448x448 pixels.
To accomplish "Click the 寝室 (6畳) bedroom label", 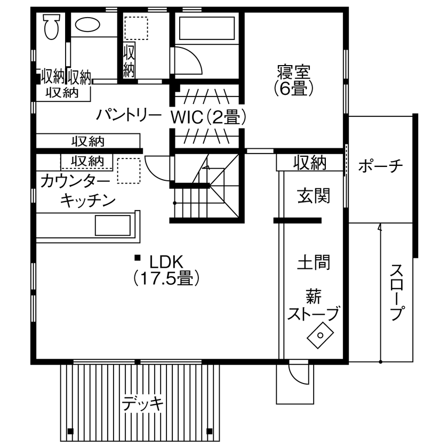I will click(x=294, y=79).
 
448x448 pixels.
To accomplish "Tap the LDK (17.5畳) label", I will click(x=166, y=270).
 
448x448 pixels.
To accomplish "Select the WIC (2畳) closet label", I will click(x=208, y=116).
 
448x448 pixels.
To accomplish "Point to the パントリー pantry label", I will click(x=129, y=115).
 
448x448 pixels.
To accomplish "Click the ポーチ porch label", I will click(x=380, y=166).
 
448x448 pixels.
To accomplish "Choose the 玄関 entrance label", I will click(x=314, y=196).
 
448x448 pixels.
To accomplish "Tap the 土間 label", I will click(x=313, y=262).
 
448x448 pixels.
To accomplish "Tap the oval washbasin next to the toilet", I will click(x=86, y=25).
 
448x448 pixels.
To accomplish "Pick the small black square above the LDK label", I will click(x=138, y=258).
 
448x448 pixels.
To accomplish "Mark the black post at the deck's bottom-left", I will click(x=70, y=431).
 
